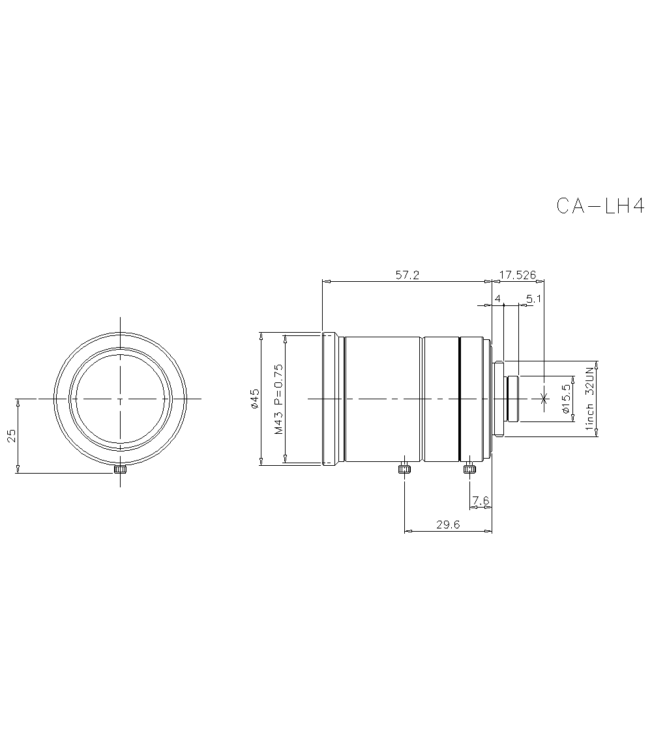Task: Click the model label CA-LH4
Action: click(600, 206)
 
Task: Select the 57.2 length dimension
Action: click(407, 275)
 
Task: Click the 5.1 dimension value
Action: click(533, 299)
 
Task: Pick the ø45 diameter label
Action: click(255, 399)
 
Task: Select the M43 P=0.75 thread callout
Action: click(279, 399)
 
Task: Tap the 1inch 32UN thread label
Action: click(590, 399)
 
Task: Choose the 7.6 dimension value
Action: click(481, 500)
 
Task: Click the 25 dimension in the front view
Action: click(11, 436)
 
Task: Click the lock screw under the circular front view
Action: click(120, 469)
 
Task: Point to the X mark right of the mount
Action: click(544, 397)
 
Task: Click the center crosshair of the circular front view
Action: click(120, 398)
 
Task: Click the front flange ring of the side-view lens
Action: click(330, 399)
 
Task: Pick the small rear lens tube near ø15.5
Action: click(512, 399)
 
